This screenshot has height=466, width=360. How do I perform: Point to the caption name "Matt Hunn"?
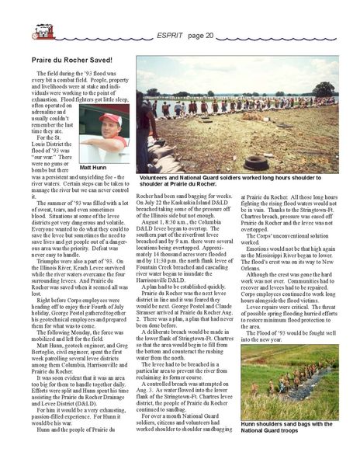92,167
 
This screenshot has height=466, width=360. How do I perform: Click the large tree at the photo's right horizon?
324,88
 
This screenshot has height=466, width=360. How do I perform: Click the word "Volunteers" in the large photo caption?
157,178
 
